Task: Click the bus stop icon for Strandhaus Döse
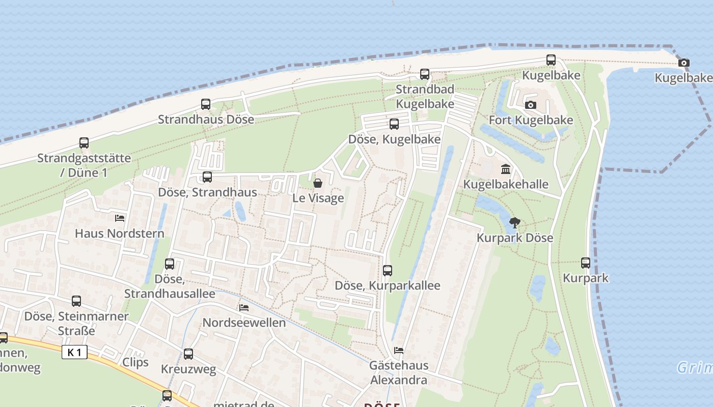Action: point(206,104)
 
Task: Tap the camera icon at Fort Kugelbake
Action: point(531,105)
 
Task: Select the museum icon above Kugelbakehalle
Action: point(506,169)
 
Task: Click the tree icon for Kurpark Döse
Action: point(515,222)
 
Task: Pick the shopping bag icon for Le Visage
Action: point(318,183)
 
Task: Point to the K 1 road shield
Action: point(74,352)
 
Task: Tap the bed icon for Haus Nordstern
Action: point(120,218)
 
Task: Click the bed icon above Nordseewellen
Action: point(244,308)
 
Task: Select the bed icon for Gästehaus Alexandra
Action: point(399,351)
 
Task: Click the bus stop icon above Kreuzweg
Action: point(188,354)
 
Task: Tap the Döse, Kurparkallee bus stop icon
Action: point(388,270)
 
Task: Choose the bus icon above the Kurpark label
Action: point(586,263)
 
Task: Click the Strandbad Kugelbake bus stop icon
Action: point(425,74)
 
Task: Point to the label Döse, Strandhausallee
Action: point(170,286)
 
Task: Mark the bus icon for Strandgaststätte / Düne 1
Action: point(84,143)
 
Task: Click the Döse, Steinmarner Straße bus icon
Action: point(76,301)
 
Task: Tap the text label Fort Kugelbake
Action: point(531,120)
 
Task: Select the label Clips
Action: point(135,362)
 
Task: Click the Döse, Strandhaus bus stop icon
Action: point(207,177)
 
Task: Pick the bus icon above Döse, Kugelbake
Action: point(394,124)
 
